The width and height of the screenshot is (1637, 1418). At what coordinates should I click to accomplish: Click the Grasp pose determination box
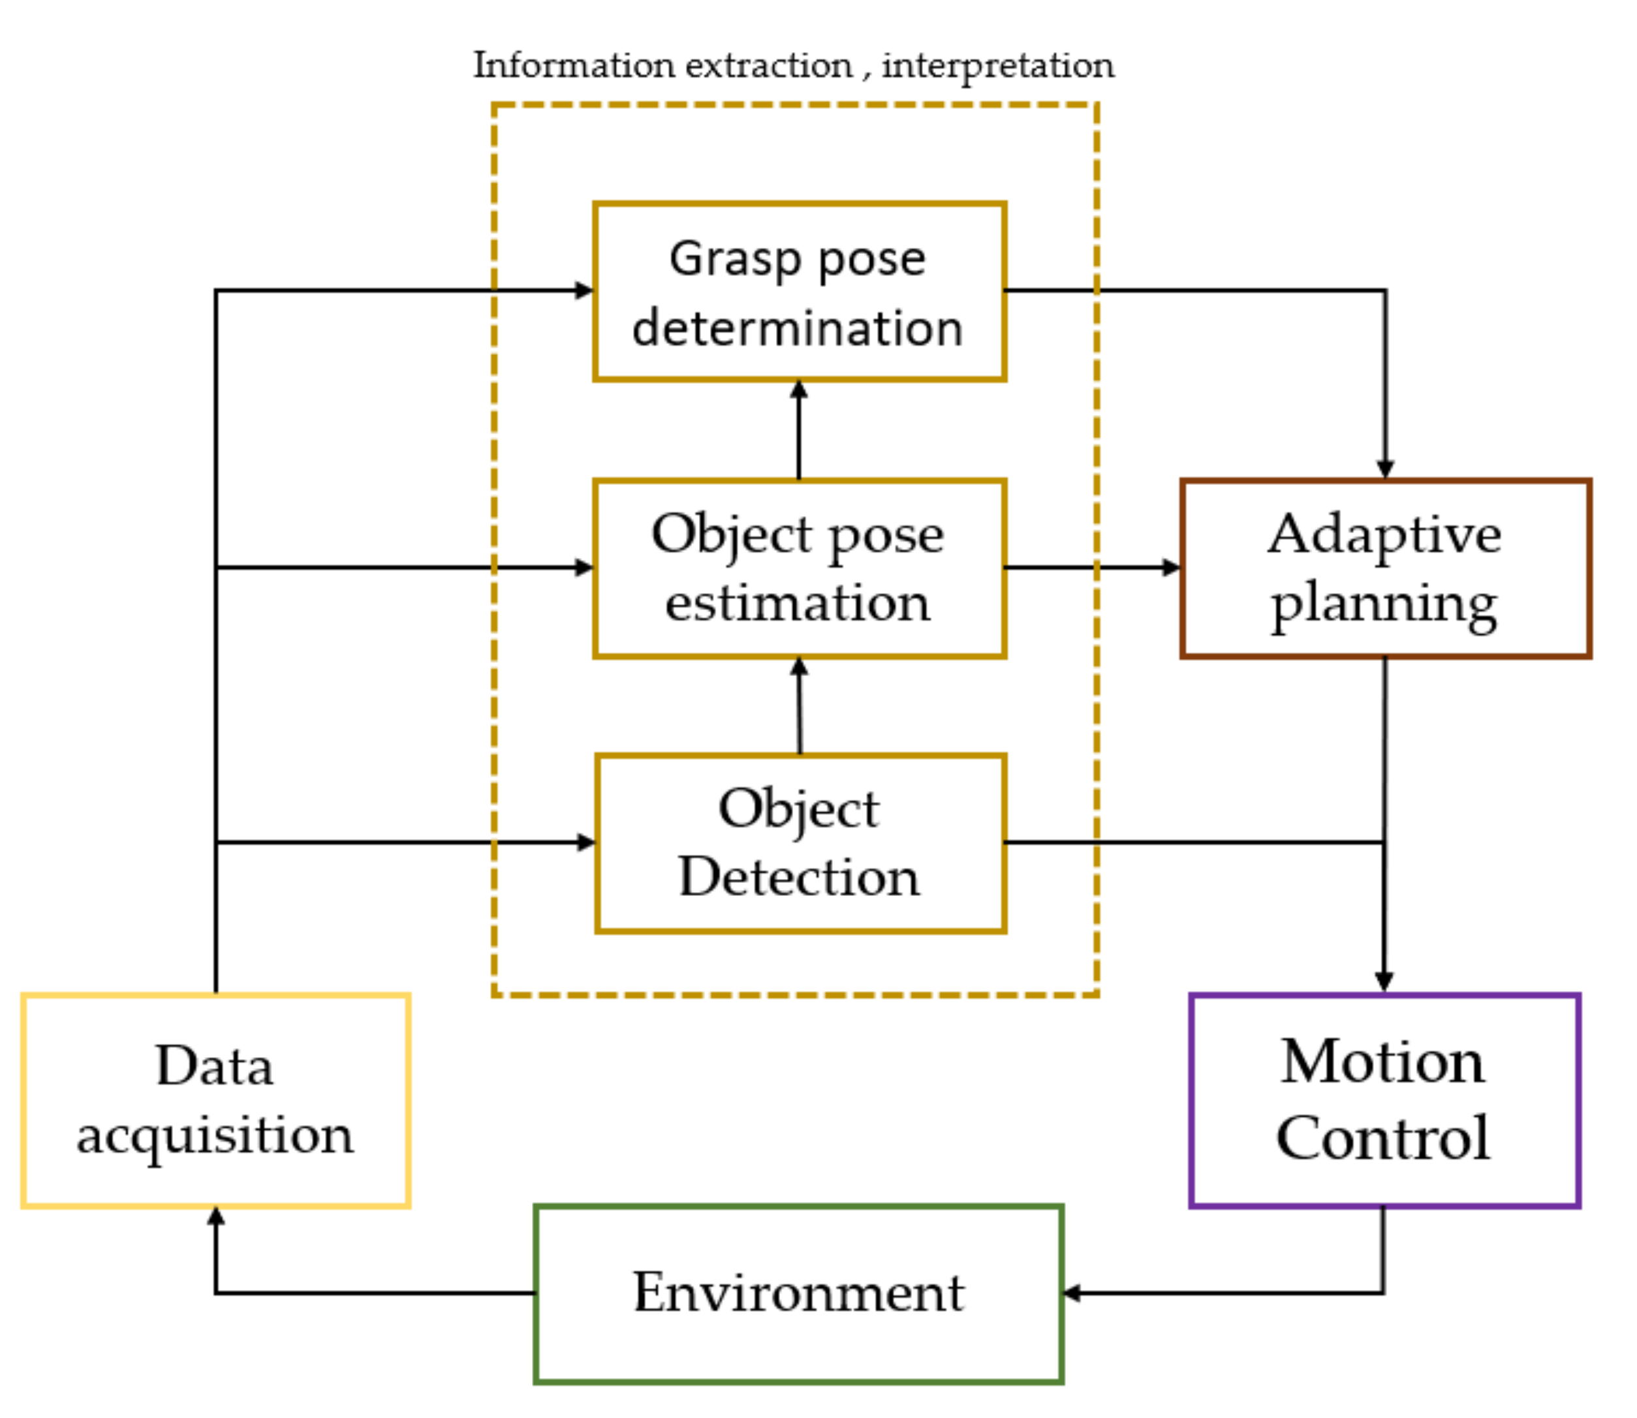click(x=800, y=291)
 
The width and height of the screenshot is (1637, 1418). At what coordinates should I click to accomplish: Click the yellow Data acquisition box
click(x=215, y=1100)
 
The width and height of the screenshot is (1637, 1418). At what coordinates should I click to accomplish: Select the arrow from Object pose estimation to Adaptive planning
click(x=1093, y=567)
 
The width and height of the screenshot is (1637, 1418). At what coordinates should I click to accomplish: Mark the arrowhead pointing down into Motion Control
click(x=1384, y=982)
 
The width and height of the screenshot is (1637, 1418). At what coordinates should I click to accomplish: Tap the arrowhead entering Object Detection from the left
click(x=585, y=842)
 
